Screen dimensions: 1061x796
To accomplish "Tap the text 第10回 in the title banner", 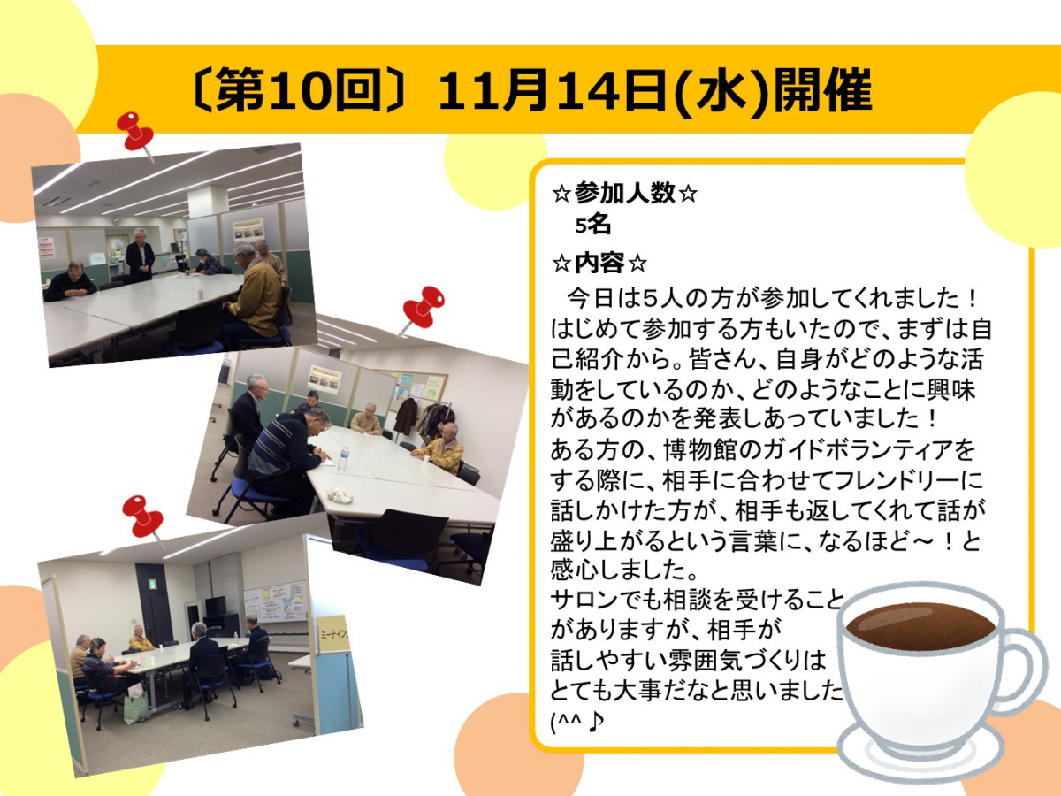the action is click(298, 90).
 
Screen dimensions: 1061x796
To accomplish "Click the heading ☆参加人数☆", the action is click(624, 194).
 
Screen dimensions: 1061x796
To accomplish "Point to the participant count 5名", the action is click(592, 225).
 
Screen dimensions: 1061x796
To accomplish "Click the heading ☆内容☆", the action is click(599, 263).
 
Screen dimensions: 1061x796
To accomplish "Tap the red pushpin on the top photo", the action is click(135, 134).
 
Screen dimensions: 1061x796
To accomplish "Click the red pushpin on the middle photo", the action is click(423, 310).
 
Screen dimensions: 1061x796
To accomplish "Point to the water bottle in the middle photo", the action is click(343, 457).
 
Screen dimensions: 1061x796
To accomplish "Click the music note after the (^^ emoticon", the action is click(596, 723).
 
